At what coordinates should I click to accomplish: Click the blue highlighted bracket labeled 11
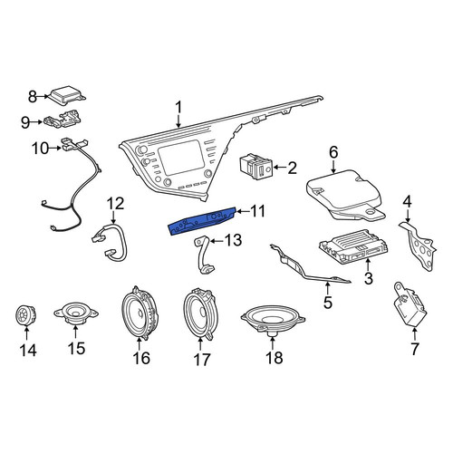[x=202, y=220]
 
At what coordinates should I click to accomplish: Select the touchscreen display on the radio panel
[x=181, y=158]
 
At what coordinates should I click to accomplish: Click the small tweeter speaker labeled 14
[x=25, y=316]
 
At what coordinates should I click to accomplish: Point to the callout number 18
[x=275, y=358]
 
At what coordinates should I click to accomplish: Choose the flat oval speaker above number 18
[x=273, y=320]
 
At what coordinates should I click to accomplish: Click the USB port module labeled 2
[x=256, y=167]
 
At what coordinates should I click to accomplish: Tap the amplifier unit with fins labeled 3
[x=353, y=246]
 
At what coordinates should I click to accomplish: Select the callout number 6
[x=333, y=153]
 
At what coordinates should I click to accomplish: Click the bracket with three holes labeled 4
[x=419, y=246]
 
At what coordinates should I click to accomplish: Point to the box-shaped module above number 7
[x=410, y=304]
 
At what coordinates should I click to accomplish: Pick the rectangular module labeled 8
[x=67, y=94]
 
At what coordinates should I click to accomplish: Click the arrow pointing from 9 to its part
[x=37, y=122]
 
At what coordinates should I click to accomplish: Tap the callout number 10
[x=41, y=149]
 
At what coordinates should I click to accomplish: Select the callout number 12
[x=116, y=204]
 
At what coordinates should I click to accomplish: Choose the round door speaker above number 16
[x=140, y=313]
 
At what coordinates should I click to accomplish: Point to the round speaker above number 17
[x=199, y=314]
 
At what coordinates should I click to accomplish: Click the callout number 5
[x=328, y=302]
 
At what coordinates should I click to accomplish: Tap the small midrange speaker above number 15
[x=76, y=313]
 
